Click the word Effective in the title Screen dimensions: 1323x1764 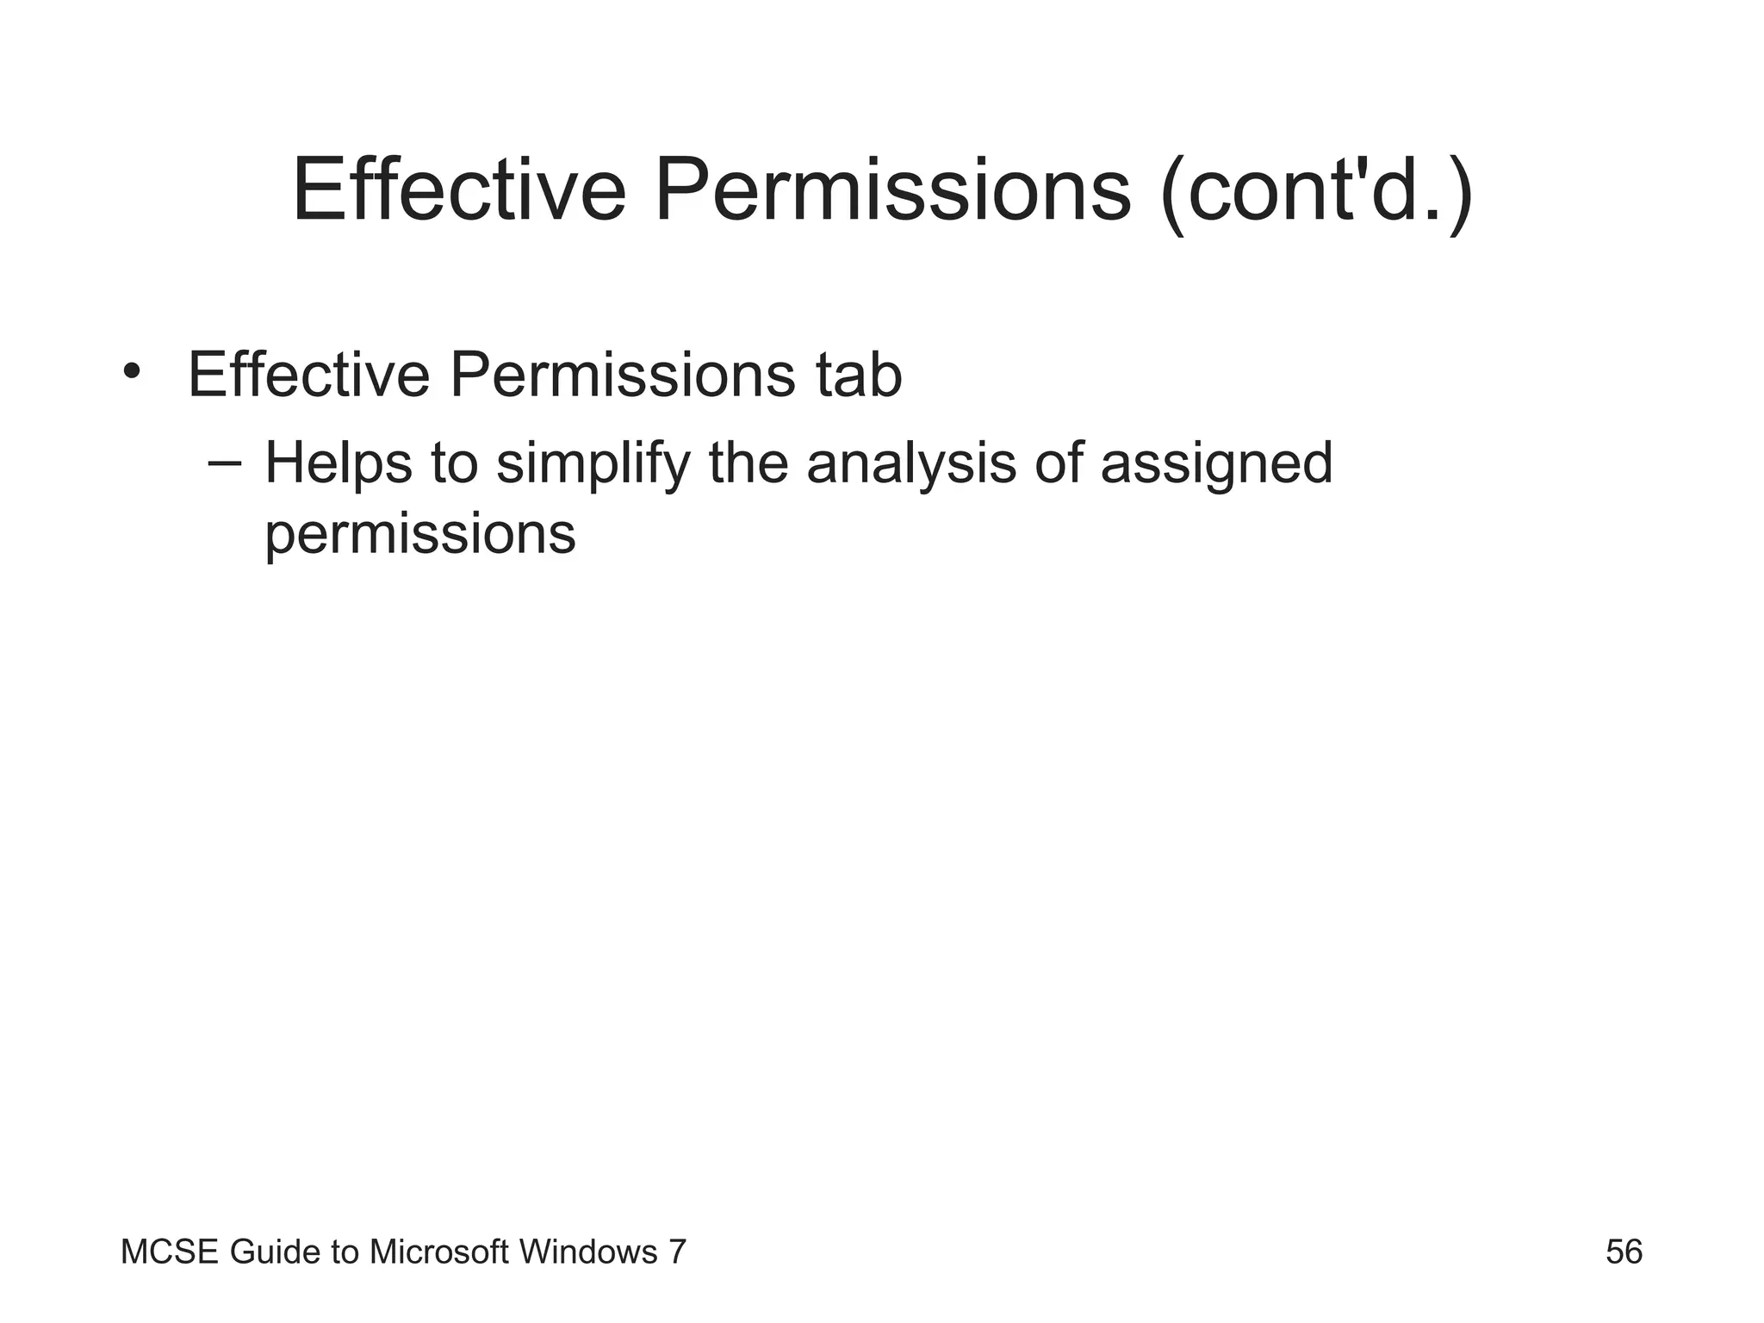(458, 190)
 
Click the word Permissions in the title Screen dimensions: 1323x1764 (892, 190)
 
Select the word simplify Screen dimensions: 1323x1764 (593, 463)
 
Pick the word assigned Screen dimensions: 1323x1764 (1216, 463)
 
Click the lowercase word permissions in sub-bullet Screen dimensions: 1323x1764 (419, 535)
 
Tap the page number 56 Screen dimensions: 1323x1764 (1624, 1252)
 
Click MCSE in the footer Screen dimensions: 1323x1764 (171, 1252)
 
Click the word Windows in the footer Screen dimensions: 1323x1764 (588, 1252)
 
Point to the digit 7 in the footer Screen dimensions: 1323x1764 (677, 1252)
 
